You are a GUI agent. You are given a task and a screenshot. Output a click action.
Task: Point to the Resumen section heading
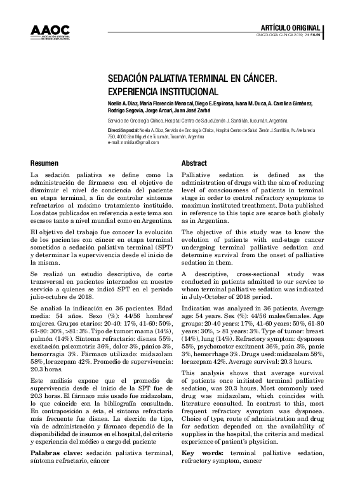coord(44,163)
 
